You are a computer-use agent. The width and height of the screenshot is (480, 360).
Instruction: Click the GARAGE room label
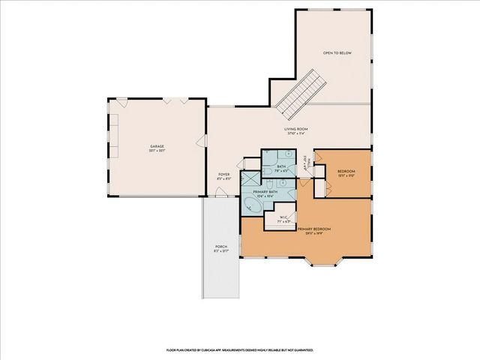pos(157,145)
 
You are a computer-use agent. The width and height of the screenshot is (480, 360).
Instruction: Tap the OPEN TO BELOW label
pos(337,54)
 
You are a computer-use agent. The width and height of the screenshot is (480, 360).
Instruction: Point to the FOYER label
pos(223,174)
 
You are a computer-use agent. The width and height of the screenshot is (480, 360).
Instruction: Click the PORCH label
pos(221,246)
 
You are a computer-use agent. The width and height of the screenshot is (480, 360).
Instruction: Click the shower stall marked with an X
pos(248,180)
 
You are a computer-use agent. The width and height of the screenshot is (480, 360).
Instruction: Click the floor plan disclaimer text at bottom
pos(239,349)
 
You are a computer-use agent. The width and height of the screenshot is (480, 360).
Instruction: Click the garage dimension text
pos(157,151)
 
